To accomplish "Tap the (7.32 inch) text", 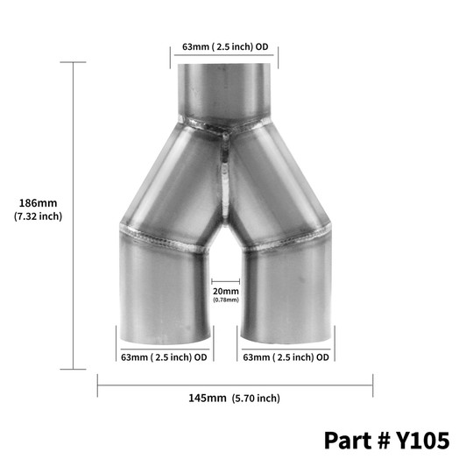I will click(x=38, y=215).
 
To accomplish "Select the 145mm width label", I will click(x=208, y=398).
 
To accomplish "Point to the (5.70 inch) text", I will click(x=257, y=398).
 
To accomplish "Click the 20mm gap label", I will click(x=225, y=291).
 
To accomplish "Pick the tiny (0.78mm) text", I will click(x=225, y=300).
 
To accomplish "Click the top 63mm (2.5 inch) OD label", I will click(x=224, y=48).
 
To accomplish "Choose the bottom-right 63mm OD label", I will click(x=286, y=357).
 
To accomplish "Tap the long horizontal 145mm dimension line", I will click(x=235, y=383).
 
